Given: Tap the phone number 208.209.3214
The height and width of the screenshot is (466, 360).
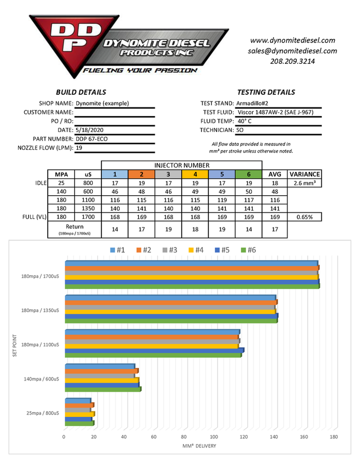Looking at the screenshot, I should pyautogui.click(x=293, y=61).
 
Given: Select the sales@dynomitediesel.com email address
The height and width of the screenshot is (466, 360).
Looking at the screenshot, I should pyautogui.click(x=293, y=51).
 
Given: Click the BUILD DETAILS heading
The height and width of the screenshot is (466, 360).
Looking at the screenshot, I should pyautogui.click(x=81, y=92).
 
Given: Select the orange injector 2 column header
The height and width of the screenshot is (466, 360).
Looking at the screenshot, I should pyautogui.click(x=141, y=174).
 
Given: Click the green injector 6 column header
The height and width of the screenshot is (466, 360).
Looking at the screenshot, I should pyautogui.click(x=249, y=174).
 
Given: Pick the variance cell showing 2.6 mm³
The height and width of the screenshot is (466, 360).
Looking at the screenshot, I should pyautogui.click(x=304, y=183).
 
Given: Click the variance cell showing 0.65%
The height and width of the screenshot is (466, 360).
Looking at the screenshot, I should pyautogui.click(x=304, y=217).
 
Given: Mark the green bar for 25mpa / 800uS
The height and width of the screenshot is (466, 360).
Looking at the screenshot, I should pyautogui.click(x=79, y=424).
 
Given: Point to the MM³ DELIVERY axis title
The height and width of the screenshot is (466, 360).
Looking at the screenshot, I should pyautogui.click(x=199, y=446).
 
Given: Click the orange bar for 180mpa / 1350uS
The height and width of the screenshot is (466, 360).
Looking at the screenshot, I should pyautogui.click(x=170, y=302).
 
